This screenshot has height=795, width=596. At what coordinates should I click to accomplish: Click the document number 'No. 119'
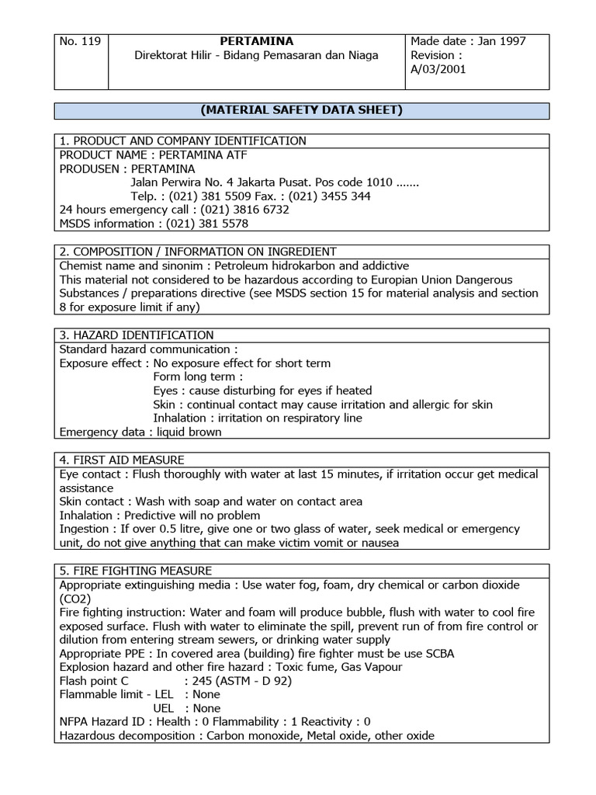point(80,41)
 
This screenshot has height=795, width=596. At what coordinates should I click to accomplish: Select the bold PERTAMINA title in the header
point(256,41)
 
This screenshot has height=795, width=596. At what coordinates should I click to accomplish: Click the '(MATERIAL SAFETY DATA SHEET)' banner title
point(302,110)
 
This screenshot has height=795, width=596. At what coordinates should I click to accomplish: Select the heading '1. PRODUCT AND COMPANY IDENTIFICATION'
point(183,141)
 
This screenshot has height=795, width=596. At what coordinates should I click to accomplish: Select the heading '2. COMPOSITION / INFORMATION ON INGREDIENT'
point(198,252)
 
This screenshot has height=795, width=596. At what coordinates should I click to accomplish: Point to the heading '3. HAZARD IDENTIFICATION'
point(137,335)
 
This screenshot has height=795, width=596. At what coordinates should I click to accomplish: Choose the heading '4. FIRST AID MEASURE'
point(122,460)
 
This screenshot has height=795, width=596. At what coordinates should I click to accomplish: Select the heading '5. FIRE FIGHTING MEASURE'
point(136,571)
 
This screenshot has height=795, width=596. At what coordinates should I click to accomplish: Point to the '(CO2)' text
point(75,599)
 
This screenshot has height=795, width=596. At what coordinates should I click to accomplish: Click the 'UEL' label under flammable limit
point(165,708)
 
